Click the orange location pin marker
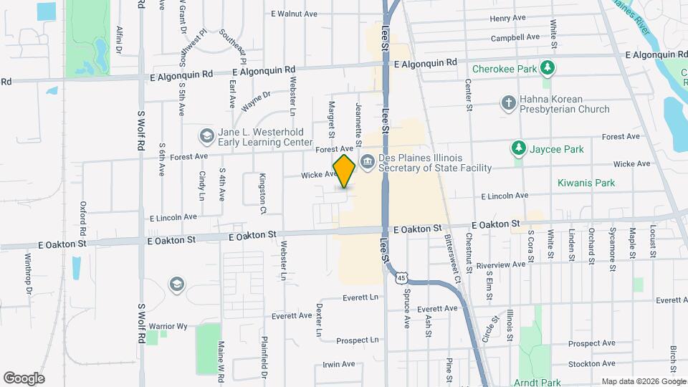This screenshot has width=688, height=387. [345, 171]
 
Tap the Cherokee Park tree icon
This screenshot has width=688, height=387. [548, 68]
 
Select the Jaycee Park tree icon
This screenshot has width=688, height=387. [518, 148]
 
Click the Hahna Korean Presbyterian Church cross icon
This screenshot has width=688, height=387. [508, 102]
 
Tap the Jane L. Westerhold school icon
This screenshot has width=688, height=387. [206, 135]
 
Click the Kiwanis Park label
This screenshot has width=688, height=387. [586, 183]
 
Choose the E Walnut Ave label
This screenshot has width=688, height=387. [294, 14]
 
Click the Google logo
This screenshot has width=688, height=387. [24, 378]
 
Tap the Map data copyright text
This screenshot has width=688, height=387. [643, 381]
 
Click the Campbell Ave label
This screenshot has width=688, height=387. [515, 37]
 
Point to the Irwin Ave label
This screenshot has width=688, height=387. [338, 364]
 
